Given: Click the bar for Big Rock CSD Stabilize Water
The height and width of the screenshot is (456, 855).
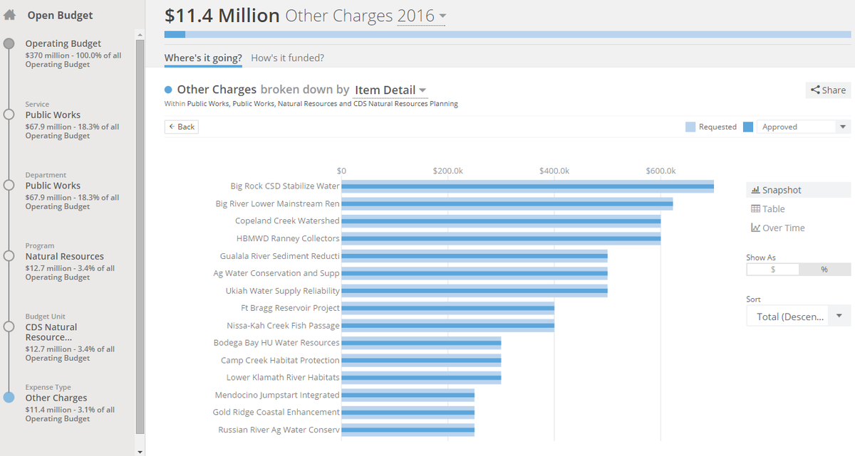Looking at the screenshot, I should [527, 186].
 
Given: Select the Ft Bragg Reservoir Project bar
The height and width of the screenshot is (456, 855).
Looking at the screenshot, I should [447, 308].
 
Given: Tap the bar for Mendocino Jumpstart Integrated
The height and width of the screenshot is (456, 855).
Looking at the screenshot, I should [408, 395].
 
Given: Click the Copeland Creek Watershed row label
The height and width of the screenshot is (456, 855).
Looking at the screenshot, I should [287, 221].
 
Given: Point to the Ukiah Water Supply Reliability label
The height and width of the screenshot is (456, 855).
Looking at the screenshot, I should [283, 291].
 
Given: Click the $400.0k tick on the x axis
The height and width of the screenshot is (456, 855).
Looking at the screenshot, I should [554, 171].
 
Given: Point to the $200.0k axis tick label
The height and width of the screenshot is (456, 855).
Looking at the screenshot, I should [447, 171].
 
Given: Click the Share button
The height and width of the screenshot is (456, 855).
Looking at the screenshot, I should [829, 90].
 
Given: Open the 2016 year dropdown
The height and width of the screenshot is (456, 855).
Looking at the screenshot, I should [422, 16].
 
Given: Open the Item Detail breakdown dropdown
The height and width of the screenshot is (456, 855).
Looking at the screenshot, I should [390, 90].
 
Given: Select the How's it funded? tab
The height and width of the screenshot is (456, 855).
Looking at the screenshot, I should [287, 58].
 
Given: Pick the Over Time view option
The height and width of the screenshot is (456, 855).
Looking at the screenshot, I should [778, 228].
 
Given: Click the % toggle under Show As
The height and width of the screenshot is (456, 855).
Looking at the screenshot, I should [824, 270].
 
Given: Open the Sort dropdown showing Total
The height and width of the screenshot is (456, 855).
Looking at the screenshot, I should [798, 317].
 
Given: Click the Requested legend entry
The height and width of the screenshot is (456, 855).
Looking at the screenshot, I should [711, 127].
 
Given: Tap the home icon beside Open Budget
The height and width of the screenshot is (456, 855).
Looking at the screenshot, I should [10, 15].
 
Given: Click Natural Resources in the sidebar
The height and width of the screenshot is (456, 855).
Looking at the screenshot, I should [64, 257].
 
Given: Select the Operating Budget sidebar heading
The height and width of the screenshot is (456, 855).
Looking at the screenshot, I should [63, 44].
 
